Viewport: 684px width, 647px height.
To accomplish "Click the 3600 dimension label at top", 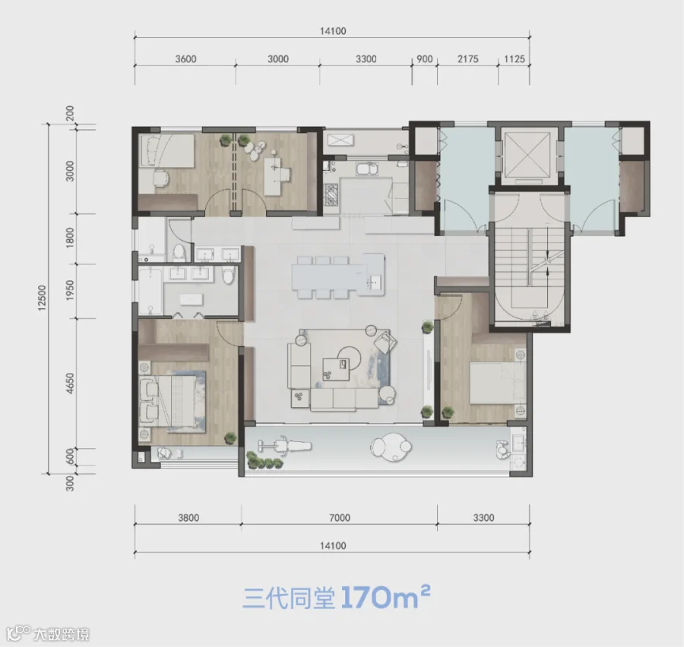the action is point(186,59).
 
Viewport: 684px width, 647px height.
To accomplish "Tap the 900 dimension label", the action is point(424,59).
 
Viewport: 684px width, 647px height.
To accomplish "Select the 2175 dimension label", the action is point(468,59).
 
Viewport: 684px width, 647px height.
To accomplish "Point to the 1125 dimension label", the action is point(515,59).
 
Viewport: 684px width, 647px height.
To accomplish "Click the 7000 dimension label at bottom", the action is point(340,517).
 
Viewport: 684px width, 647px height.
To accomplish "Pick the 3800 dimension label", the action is point(188,517).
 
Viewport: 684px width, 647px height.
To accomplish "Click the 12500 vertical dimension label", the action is point(42,298).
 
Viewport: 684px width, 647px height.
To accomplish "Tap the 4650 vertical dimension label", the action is point(70,383).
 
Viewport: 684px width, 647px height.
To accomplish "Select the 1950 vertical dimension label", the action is point(70,290).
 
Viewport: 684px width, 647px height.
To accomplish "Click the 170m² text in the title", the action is point(385,597).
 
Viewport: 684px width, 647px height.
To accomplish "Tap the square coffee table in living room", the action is point(337,369).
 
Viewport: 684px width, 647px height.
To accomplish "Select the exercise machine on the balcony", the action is point(284,446).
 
